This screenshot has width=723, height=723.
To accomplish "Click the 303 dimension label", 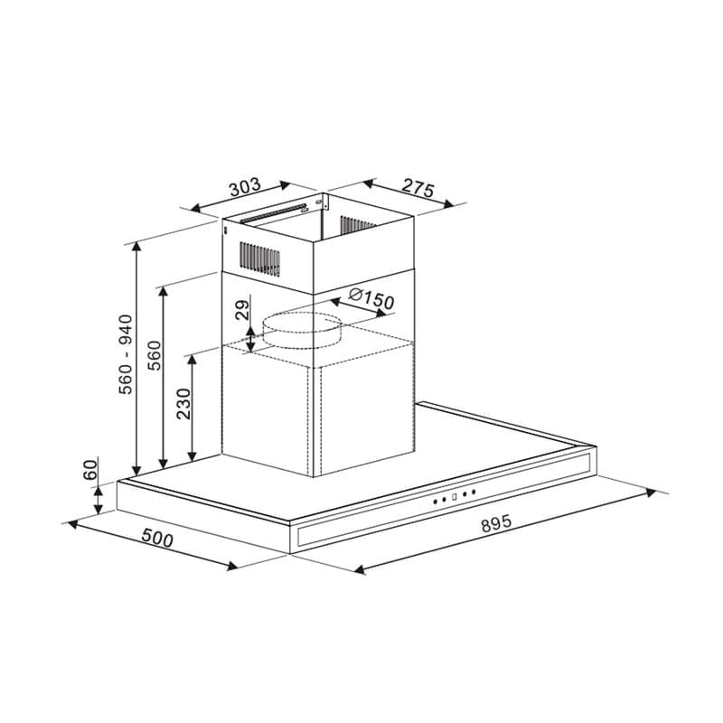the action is [245, 187].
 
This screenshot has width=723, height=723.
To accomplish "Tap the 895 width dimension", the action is [496, 523].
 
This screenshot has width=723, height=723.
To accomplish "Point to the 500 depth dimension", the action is [157, 538].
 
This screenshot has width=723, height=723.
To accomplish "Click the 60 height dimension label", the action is [90, 470].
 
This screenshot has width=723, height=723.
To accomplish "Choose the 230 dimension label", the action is [183, 404].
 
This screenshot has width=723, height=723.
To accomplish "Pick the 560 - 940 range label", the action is [126, 354].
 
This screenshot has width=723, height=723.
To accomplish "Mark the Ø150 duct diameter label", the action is [371, 299].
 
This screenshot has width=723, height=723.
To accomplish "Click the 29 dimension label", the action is [242, 309].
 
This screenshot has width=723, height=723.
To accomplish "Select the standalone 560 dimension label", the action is [154, 355].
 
